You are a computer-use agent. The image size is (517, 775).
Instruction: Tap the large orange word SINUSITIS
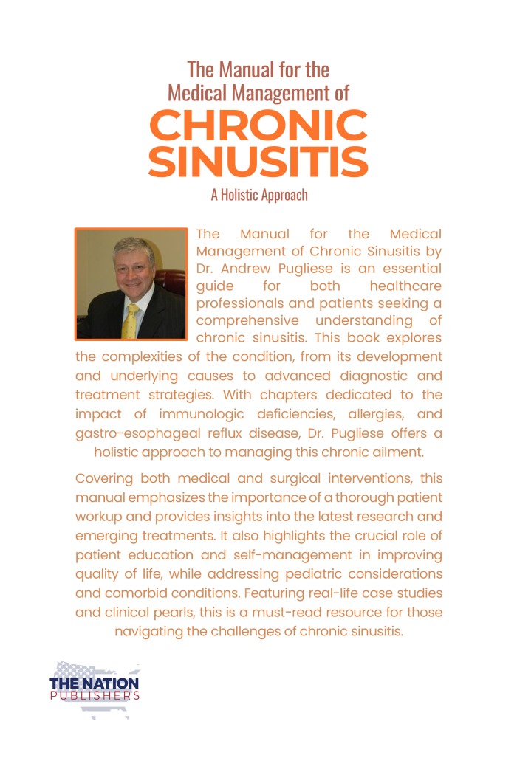258,162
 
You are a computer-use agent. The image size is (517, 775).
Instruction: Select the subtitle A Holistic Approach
258,196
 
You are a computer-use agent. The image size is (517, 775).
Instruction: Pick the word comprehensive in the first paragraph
247,320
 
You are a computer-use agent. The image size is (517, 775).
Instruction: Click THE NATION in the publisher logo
94,683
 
